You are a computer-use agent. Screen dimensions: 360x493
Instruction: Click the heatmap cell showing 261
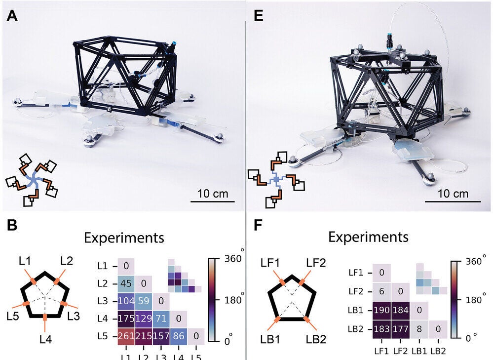coord(126,336)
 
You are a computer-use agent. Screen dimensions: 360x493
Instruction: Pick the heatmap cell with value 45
coord(126,283)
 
